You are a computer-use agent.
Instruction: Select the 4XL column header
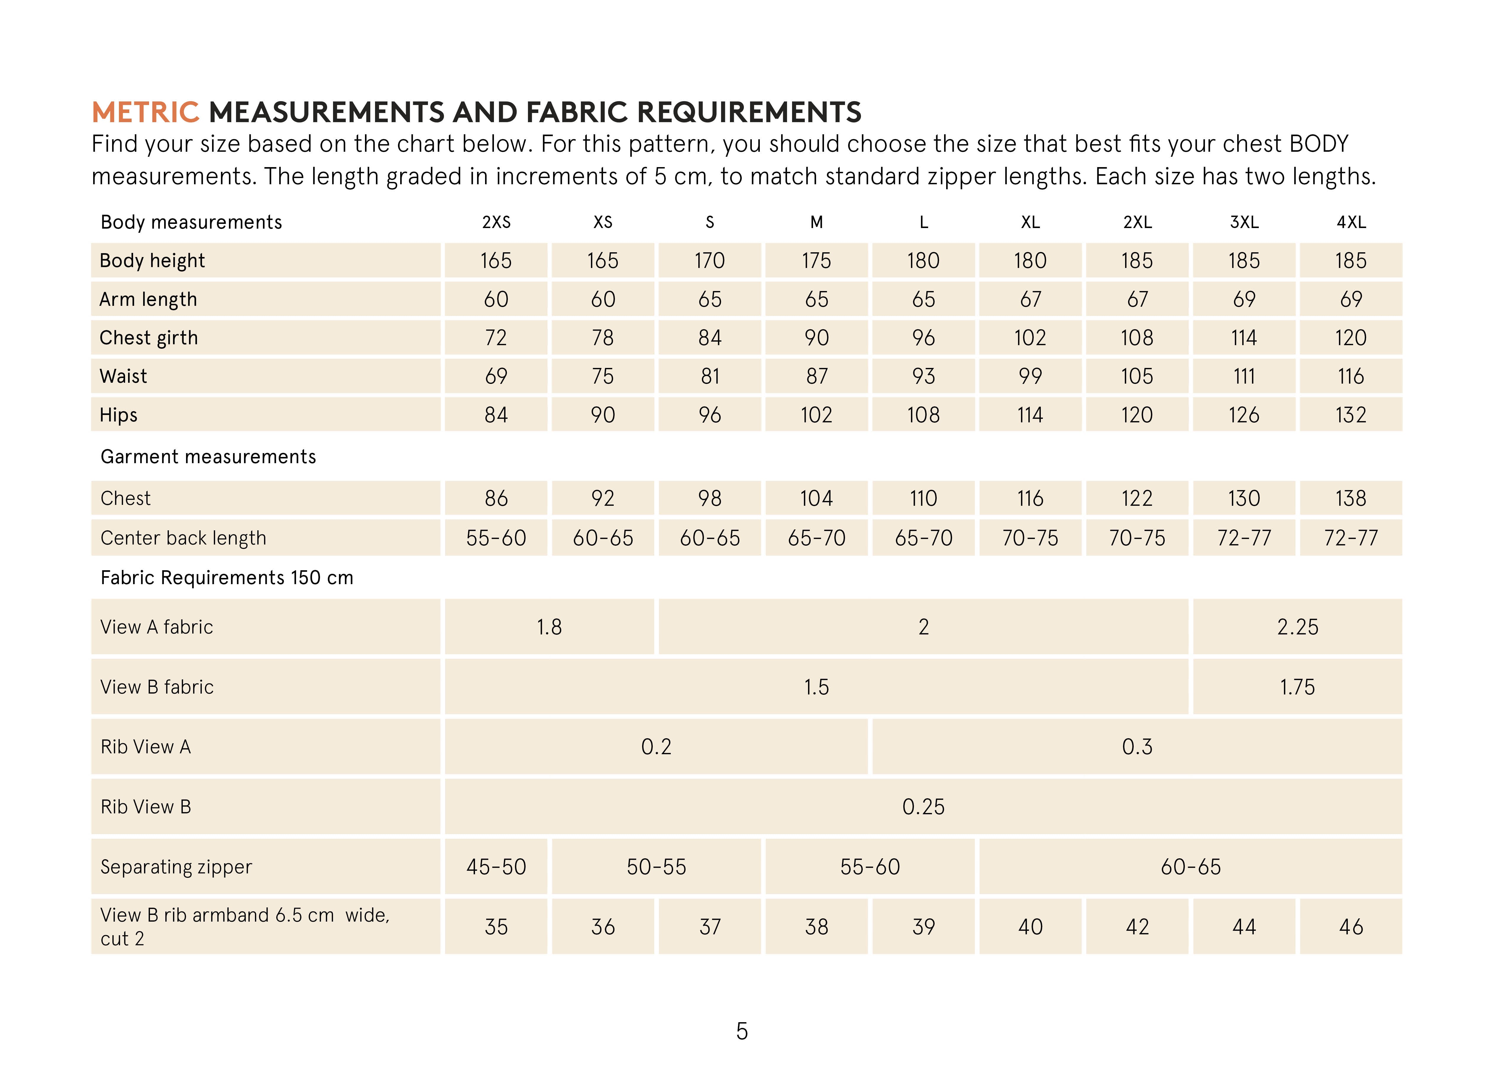pos(1351,223)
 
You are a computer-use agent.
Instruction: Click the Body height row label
pos(152,260)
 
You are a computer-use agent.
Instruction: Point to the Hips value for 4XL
pos(1351,415)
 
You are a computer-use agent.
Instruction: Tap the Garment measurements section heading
pos(208,456)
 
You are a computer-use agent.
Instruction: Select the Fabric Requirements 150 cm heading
pos(227,578)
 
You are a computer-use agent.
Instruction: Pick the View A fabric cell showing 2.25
pos(1297,627)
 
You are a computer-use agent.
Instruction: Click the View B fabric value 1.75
pos(1297,687)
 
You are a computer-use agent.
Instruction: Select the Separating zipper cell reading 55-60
pos(870,867)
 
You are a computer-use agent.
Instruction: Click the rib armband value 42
pos(1137,927)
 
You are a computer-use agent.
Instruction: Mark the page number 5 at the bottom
pos(742,1031)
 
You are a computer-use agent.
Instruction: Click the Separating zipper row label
pos(176,867)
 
